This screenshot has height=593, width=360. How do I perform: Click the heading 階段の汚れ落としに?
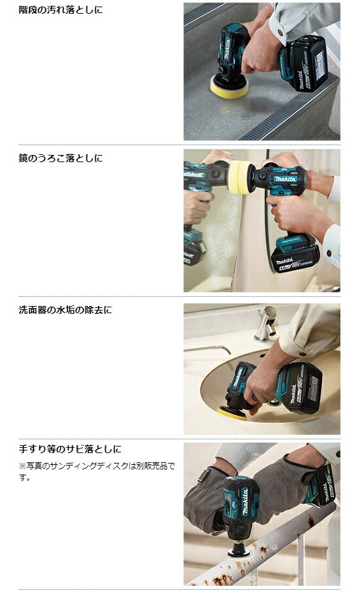(x=61, y=9)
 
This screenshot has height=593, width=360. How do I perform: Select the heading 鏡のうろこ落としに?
(x=61, y=158)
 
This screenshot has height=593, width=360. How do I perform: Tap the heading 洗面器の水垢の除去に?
(x=65, y=310)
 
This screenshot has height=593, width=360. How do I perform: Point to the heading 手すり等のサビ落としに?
(x=70, y=449)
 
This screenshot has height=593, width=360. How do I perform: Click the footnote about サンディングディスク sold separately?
(x=97, y=471)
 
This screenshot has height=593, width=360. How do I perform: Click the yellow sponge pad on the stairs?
(x=229, y=88)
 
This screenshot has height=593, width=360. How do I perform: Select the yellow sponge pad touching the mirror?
(x=240, y=177)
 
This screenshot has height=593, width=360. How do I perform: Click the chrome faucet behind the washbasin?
(x=267, y=324)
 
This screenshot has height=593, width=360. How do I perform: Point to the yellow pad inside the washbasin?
(x=232, y=414)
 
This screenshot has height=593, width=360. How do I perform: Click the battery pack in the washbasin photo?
(x=301, y=388)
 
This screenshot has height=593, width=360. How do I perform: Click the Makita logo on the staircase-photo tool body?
(x=227, y=49)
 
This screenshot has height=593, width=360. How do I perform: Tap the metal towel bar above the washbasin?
(x=207, y=348)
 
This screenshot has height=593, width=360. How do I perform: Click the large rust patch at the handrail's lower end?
(x=220, y=580)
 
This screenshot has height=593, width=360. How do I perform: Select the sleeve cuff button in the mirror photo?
(x=329, y=252)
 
